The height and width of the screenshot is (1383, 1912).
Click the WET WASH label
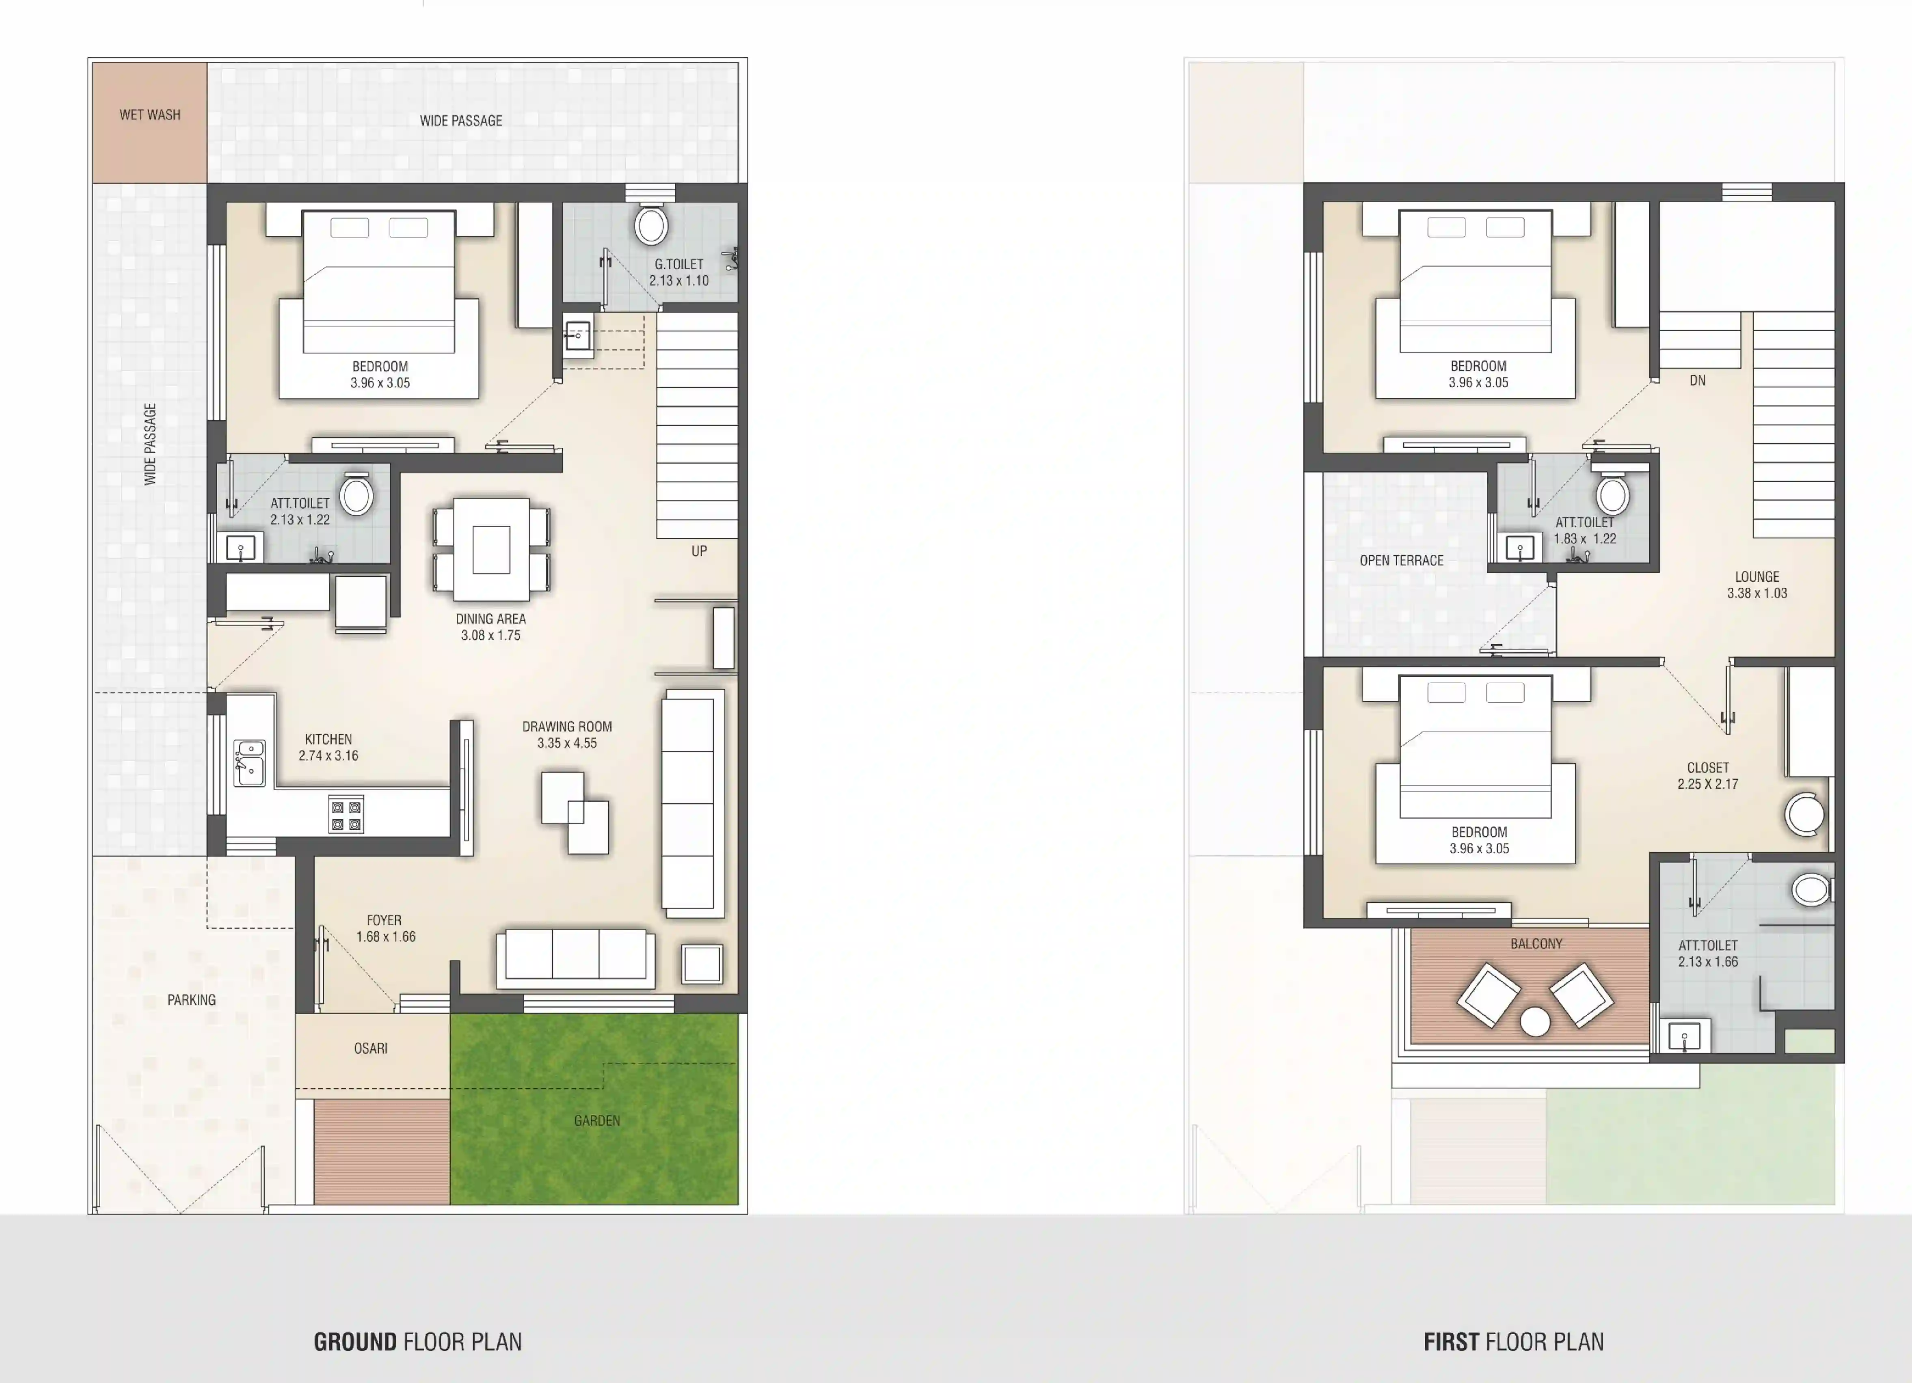(x=150, y=114)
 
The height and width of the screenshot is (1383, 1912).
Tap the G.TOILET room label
(x=678, y=272)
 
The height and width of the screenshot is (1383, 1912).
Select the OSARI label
(x=371, y=1049)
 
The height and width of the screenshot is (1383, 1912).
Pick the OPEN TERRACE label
(x=1401, y=561)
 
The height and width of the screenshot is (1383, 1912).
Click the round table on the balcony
(x=1535, y=1021)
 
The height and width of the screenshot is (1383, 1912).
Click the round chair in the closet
(x=1805, y=814)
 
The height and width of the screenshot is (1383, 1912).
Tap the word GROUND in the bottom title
(x=355, y=1342)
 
